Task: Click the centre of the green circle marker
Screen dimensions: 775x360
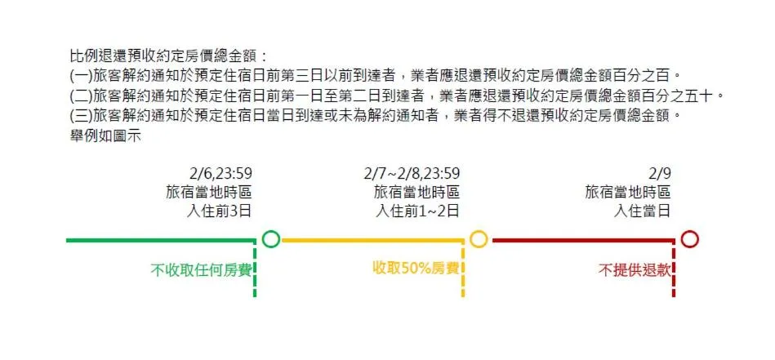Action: pyautogui.click(x=271, y=239)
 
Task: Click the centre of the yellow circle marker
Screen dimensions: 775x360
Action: pyautogui.click(x=479, y=239)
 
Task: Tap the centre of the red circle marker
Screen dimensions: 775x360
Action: pyautogui.click(x=689, y=239)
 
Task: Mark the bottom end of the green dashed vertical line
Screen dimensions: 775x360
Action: pyautogui.click(x=255, y=297)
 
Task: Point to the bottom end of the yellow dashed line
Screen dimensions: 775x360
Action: pyautogui.click(x=463, y=297)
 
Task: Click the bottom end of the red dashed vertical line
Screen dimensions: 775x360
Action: pyautogui.click(x=674, y=297)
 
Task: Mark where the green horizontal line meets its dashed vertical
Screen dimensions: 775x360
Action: pyautogui.click(x=255, y=241)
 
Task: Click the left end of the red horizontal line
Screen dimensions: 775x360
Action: pyautogui.click(x=492, y=241)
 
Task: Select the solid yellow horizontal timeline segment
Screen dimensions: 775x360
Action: pyautogui.click(x=372, y=241)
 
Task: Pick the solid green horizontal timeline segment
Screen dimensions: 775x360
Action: pyautogui.click(x=161, y=241)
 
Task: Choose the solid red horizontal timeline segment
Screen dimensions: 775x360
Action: pyautogui.click(x=583, y=241)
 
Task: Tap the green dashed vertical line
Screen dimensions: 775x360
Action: pyautogui.click(x=255, y=268)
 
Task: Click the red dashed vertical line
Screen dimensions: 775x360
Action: pyautogui.click(x=674, y=268)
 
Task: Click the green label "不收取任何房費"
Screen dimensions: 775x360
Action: pyautogui.click(x=201, y=271)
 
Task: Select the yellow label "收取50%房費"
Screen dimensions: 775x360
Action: pyautogui.click(x=416, y=269)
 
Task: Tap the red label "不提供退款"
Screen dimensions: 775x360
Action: pyautogui.click(x=635, y=271)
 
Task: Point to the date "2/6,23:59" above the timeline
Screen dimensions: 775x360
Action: pyautogui.click(x=220, y=174)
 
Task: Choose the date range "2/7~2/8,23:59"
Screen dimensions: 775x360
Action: pyautogui.click(x=412, y=174)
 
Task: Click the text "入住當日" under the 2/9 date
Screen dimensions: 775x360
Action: pyautogui.click(x=642, y=211)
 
